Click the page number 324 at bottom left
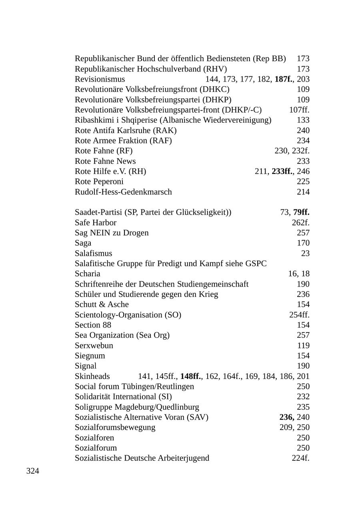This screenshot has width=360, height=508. (x=33, y=471)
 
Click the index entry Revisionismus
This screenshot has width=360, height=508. (x=100, y=79)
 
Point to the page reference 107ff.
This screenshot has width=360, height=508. (x=299, y=110)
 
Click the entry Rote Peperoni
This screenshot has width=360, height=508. (x=99, y=181)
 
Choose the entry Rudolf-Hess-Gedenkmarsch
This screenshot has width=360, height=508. (x=123, y=192)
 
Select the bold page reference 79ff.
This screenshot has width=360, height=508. (x=301, y=212)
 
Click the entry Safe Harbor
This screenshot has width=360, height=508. (x=96, y=223)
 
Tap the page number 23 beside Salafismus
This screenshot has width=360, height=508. (x=305, y=253)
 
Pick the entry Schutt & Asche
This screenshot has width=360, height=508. (x=102, y=305)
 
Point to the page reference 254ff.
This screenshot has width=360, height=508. (x=299, y=315)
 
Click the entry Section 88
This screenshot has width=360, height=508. (x=93, y=325)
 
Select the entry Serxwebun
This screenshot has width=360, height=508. (x=94, y=345)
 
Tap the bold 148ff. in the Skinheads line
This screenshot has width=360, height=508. (x=191, y=376)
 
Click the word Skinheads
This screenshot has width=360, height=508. (x=92, y=376)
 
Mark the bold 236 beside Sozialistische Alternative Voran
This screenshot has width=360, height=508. (x=286, y=417)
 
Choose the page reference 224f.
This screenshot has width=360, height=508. (x=300, y=458)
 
